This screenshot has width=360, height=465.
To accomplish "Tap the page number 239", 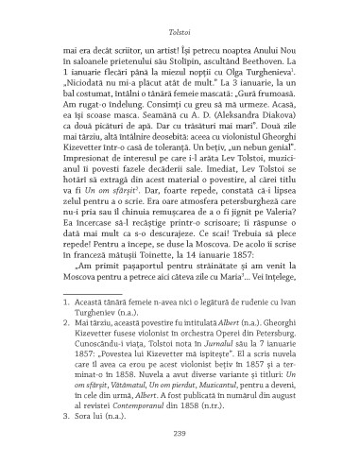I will (x=180, y=434).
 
